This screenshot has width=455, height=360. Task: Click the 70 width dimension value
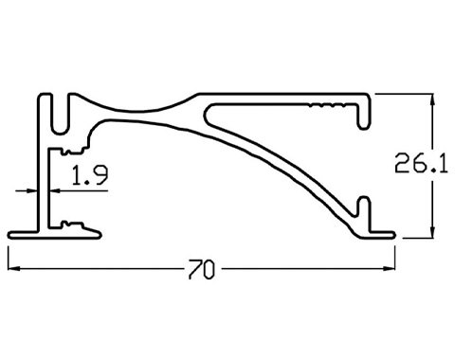(202, 269)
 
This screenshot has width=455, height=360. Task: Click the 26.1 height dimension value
(422, 163)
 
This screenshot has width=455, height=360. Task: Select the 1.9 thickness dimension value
(90, 175)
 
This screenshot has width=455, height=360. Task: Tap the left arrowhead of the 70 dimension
(14, 268)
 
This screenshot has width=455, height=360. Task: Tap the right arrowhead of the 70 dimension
(389, 268)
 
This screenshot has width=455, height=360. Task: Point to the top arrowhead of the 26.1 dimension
(433, 100)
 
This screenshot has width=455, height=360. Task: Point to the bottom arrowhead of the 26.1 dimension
(433, 231)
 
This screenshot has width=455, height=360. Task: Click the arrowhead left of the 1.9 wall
(31, 190)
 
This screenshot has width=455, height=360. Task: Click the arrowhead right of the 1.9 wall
(55, 190)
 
